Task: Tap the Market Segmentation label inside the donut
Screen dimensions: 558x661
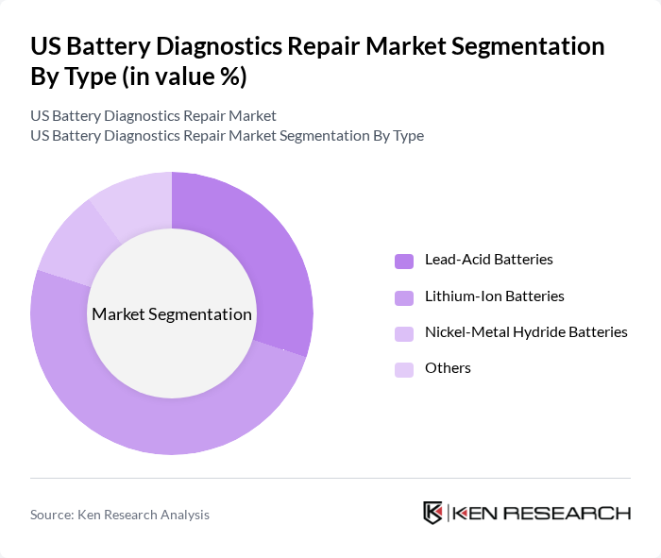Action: tap(171, 314)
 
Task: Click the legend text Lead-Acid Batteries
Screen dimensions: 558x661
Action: tap(488, 259)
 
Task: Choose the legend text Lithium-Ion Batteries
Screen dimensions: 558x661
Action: tap(494, 296)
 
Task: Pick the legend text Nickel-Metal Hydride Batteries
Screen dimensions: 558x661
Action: tap(526, 331)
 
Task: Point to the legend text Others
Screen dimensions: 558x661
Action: tap(448, 367)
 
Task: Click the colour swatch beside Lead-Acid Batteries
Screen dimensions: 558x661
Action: tap(404, 260)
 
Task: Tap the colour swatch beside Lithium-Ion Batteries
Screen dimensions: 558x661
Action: tap(404, 296)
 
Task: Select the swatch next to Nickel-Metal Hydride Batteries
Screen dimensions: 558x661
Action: tap(404, 332)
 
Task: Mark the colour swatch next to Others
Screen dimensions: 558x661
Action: tap(404, 368)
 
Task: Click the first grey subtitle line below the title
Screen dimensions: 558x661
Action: tap(153, 115)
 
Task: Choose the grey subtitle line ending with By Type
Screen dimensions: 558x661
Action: tap(227, 135)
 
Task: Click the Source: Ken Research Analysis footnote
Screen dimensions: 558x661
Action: tap(120, 515)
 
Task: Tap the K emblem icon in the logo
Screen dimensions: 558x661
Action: tap(432, 513)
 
